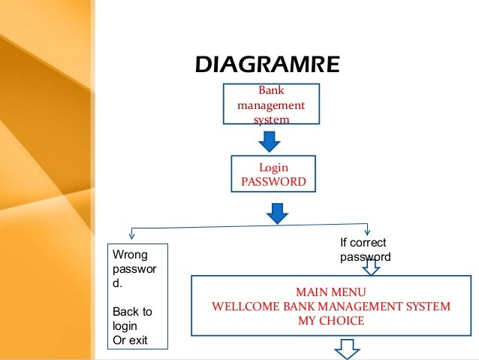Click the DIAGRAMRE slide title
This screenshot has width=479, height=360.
tap(267, 64)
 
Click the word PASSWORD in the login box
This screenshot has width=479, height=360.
tap(273, 182)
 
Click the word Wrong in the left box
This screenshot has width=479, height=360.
tap(127, 254)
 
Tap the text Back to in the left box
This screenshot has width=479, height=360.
tap(132, 311)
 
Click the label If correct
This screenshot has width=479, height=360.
tap(363, 243)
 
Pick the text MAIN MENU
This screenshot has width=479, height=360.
tap(331, 292)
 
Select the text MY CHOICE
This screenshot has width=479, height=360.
tap(331, 321)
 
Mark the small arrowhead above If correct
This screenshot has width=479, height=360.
tap(367, 230)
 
